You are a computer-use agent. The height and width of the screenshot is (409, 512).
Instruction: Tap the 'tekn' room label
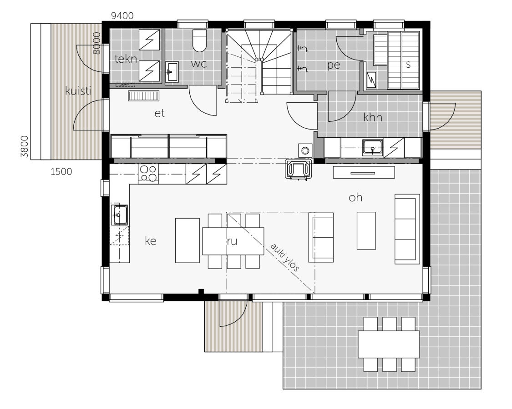126,59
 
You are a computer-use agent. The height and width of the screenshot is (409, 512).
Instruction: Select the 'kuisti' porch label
78,91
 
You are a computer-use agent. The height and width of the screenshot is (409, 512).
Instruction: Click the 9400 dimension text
122,16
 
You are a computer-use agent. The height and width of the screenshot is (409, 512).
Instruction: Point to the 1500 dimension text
61,172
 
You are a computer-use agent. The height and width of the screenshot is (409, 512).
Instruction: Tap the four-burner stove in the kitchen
148,174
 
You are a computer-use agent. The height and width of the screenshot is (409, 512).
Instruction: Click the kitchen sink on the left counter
120,214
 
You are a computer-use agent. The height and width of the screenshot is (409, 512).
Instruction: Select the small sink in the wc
172,72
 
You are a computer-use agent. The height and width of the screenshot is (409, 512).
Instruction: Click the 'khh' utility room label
372,118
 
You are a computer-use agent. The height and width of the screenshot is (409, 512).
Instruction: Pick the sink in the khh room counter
373,147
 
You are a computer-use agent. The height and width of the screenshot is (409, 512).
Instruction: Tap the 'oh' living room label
355,198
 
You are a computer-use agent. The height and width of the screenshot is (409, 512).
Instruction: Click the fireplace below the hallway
298,169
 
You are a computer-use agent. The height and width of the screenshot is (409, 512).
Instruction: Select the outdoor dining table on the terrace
388,344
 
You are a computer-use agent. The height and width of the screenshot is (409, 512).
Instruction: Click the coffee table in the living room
366,230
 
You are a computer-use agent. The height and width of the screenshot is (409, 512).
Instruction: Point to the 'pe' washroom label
334,65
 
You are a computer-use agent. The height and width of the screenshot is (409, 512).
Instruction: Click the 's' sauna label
408,65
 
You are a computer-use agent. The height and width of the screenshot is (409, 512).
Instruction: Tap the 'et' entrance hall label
159,114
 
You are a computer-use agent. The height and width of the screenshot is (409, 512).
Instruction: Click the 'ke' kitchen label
151,241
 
